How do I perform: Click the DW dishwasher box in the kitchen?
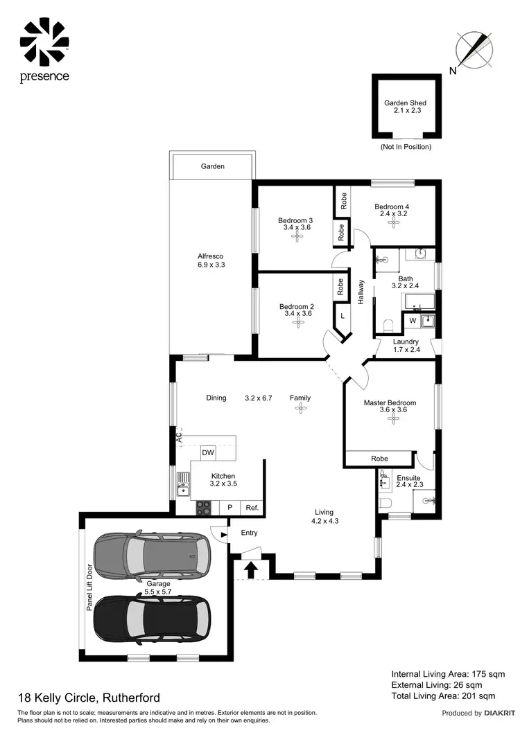[207, 453]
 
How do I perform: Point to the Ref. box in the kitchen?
[252, 508]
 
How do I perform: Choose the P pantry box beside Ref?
[229, 508]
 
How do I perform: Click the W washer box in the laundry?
[413, 321]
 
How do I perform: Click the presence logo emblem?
[44, 41]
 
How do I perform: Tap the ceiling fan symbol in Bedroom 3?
[297, 237]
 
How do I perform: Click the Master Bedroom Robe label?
[379, 459]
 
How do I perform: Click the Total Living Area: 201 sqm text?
[443, 696]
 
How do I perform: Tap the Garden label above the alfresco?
[212, 166]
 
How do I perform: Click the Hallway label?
[361, 292]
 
